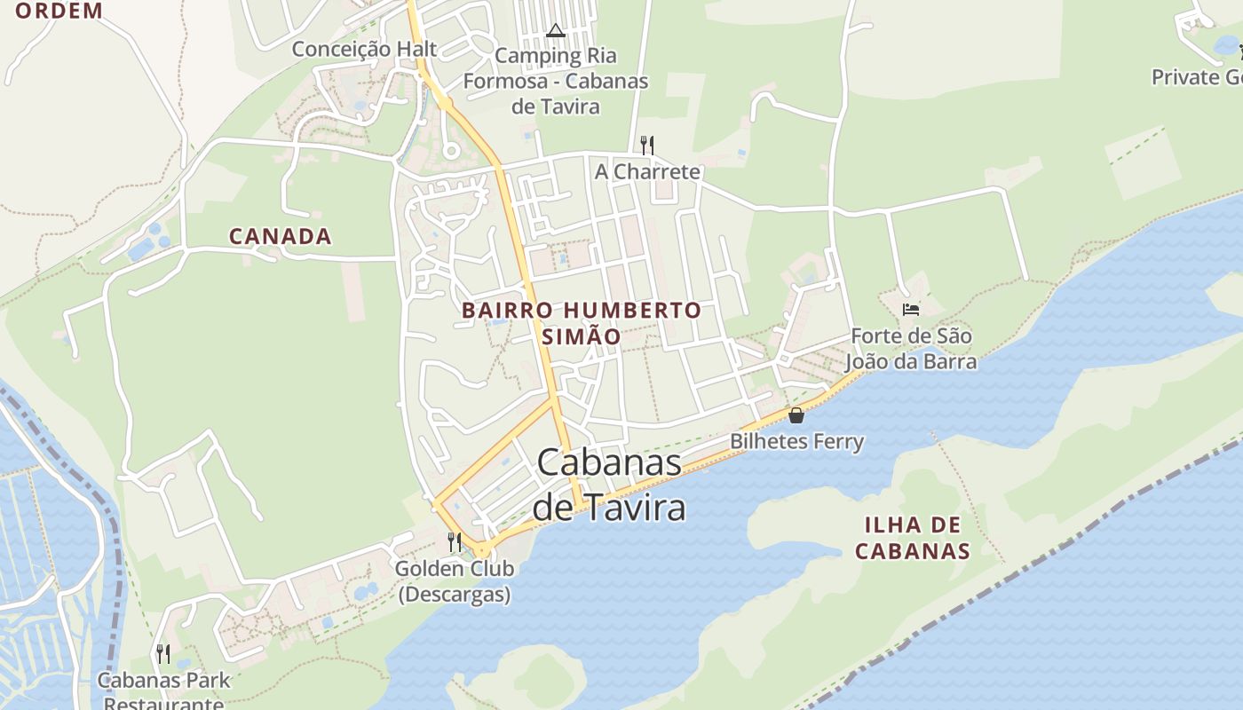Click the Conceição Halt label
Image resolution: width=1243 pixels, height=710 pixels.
click(x=365, y=49)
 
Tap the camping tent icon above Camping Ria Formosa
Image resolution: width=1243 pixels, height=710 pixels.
click(x=556, y=31)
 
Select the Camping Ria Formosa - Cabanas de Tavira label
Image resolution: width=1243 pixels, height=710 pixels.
click(x=556, y=81)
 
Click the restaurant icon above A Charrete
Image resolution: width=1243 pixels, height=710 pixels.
click(x=647, y=145)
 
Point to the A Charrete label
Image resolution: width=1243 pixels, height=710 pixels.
click(x=647, y=171)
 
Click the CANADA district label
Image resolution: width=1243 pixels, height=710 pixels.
click(x=281, y=236)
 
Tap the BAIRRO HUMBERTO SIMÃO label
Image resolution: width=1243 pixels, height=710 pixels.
click(x=582, y=323)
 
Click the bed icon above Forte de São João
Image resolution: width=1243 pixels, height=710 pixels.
click(x=911, y=310)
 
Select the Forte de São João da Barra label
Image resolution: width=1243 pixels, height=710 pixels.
click(x=911, y=349)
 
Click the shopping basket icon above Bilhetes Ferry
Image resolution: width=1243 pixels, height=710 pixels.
click(x=796, y=415)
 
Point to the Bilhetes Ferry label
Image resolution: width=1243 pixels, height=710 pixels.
click(x=796, y=441)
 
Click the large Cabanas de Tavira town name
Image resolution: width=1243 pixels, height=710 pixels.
click(x=609, y=485)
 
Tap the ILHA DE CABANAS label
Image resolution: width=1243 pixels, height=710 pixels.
click(x=913, y=537)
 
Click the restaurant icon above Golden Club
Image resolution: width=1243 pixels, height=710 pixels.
click(x=455, y=541)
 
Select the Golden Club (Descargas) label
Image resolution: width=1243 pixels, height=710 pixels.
click(x=455, y=581)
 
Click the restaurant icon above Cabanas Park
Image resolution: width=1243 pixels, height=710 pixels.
click(x=163, y=654)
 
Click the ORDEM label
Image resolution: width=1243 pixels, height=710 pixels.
click(x=59, y=11)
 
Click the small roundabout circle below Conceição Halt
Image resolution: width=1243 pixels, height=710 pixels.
click(x=451, y=151)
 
